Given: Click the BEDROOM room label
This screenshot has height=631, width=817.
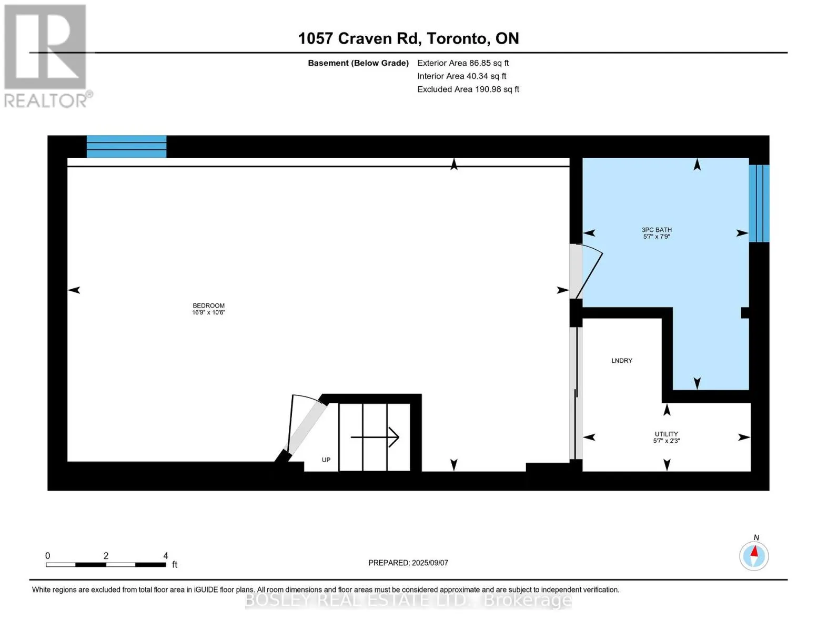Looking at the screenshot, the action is pyautogui.click(x=208, y=306).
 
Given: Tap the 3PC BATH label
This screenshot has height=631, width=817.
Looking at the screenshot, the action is pyautogui.click(x=657, y=230).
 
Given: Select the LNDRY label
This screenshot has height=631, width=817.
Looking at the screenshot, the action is pyautogui.click(x=621, y=360).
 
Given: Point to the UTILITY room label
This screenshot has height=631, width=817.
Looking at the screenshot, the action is pyautogui.click(x=666, y=434).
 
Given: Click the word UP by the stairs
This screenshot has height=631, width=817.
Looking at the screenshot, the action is pyautogui.click(x=326, y=460).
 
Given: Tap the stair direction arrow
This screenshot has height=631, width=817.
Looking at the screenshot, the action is pyautogui.click(x=375, y=437).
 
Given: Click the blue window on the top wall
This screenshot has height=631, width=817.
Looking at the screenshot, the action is pyautogui.click(x=126, y=146).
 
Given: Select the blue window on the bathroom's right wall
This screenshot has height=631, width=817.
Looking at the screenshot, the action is pyautogui.click(x=759, y=203).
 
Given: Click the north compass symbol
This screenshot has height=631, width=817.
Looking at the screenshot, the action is pyautogui.click(x=754, y=555).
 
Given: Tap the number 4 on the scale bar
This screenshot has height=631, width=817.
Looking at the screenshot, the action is pyautogui.click(x=165, y=555).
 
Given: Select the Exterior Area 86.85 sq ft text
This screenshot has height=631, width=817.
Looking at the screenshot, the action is pyautogui.click(x=463, y=63).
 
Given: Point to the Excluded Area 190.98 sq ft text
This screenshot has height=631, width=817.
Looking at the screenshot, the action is pyautogui.click(x=468, y=89).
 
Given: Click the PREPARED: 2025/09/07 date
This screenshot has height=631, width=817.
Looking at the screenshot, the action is pyautogui.click(x=408, y=563).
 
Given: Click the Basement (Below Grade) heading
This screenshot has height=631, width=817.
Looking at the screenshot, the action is pyautogui.click(x=358, y=63).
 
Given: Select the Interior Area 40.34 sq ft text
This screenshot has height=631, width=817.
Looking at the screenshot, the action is pyautogui.click(x=462, y=76).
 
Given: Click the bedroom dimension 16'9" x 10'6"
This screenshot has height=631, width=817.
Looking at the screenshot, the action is pyautogui.click(x=208, y=312).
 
